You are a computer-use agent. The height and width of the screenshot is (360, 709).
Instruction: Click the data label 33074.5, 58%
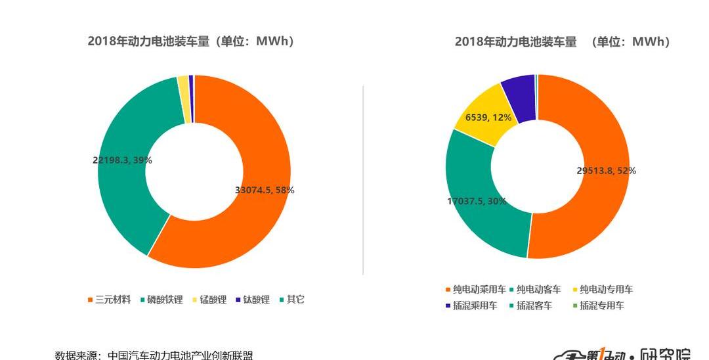[265, 190]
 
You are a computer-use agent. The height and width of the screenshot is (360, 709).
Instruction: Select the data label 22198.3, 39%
[122, 160]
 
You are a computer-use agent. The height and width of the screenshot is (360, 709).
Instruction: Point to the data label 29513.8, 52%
[606, 171]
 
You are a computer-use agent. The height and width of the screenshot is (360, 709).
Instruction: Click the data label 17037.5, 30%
[477, 201]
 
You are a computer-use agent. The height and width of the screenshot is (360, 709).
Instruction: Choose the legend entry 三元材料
[112, 300]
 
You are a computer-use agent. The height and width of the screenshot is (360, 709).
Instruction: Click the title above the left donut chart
[191, 41]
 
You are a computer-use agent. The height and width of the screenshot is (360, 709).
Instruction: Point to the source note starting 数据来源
[154, 355]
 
